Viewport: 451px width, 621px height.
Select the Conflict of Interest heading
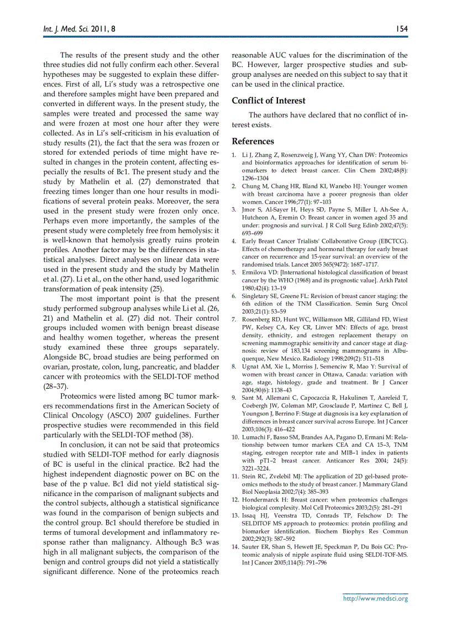[268, 101]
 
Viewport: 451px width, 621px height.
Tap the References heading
[253, 141]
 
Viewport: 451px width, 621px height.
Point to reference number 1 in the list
[234, 155]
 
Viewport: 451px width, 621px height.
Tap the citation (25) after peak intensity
[157, 288]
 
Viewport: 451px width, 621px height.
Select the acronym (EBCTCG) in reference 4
[390, 241]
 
